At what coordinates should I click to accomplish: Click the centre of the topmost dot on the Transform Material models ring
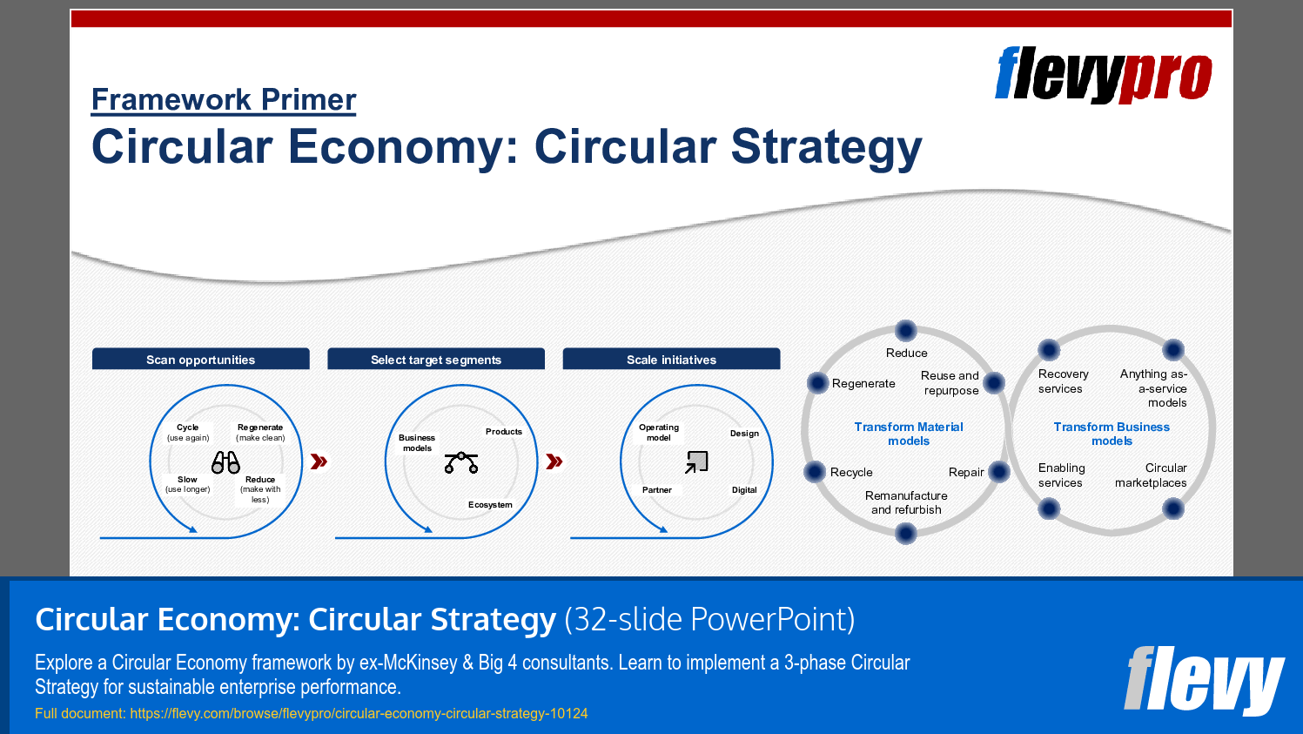pyautogui.click(x=906, y=331)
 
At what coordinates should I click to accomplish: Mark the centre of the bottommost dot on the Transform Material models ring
pyautogui.click(x=906, y=533)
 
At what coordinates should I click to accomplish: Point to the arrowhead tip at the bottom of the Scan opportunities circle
pyautogui.click(x=198, y=532)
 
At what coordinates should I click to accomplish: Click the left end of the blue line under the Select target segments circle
pyautogui.click(x=336, y=538)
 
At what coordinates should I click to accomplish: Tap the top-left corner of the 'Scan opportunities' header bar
pyautogui.click(x=92, y=348)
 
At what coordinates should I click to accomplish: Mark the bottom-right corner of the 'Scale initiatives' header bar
pyautogui.click(x=780, y=369)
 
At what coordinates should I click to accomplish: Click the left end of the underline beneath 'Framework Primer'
pyautogui.click(x=91, y=115)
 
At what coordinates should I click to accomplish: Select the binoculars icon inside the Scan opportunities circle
pyautogui.click(x=225, y=462)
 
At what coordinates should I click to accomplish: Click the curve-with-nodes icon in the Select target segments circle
pyautogui.click(x=461, y=462)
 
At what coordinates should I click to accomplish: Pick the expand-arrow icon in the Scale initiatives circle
pyautogui.click(x=696, y=462)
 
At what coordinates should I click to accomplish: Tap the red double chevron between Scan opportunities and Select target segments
pyautogui.click(x=319, y=461)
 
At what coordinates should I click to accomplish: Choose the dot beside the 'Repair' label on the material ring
pyautogui.click(x=998, y=471)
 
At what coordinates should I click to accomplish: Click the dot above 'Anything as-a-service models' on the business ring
pyautogui.click(x=1172, y=350)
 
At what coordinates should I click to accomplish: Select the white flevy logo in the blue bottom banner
pyautogui.click(x=1204, y=680)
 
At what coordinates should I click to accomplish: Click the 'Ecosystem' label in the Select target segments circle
pyautogui.click(x=490, y=505)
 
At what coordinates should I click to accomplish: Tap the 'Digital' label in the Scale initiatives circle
pyautogui.click(x=744, y=490)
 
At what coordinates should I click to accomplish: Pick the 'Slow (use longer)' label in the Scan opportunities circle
pyautogui.click(x=187, y=484)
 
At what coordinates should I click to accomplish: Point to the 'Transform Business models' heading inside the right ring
pyautogui.click(x=1112, y=434)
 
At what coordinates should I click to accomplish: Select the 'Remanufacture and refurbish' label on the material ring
pyautogui.click(x=906, y=502)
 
